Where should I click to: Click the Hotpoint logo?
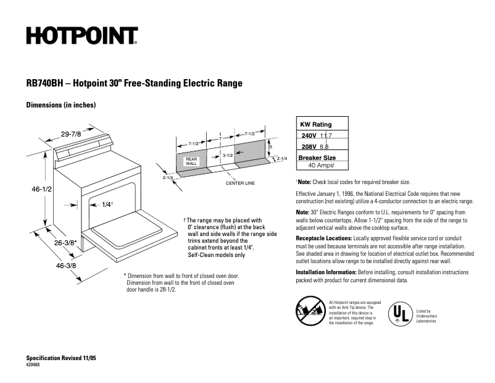click(81, 36)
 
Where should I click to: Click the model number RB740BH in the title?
click(43, 83)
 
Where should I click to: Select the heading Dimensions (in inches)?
click(60, 105)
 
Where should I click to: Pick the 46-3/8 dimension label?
click(65, 266)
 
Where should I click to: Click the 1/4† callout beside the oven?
click(108, 204)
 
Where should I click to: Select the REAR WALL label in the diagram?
click(191, 161)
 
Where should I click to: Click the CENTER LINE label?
click(240, 183)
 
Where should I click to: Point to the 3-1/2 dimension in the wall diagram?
click(227, 156)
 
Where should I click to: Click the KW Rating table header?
click(315, 124)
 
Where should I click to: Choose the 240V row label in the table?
click(309, 135)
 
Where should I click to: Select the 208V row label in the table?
click(309, 146)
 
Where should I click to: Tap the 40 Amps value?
click(321, 166)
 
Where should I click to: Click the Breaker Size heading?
click(317, 158)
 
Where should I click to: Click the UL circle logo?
click(399, 314)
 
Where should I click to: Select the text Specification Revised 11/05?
click(61, 358)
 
